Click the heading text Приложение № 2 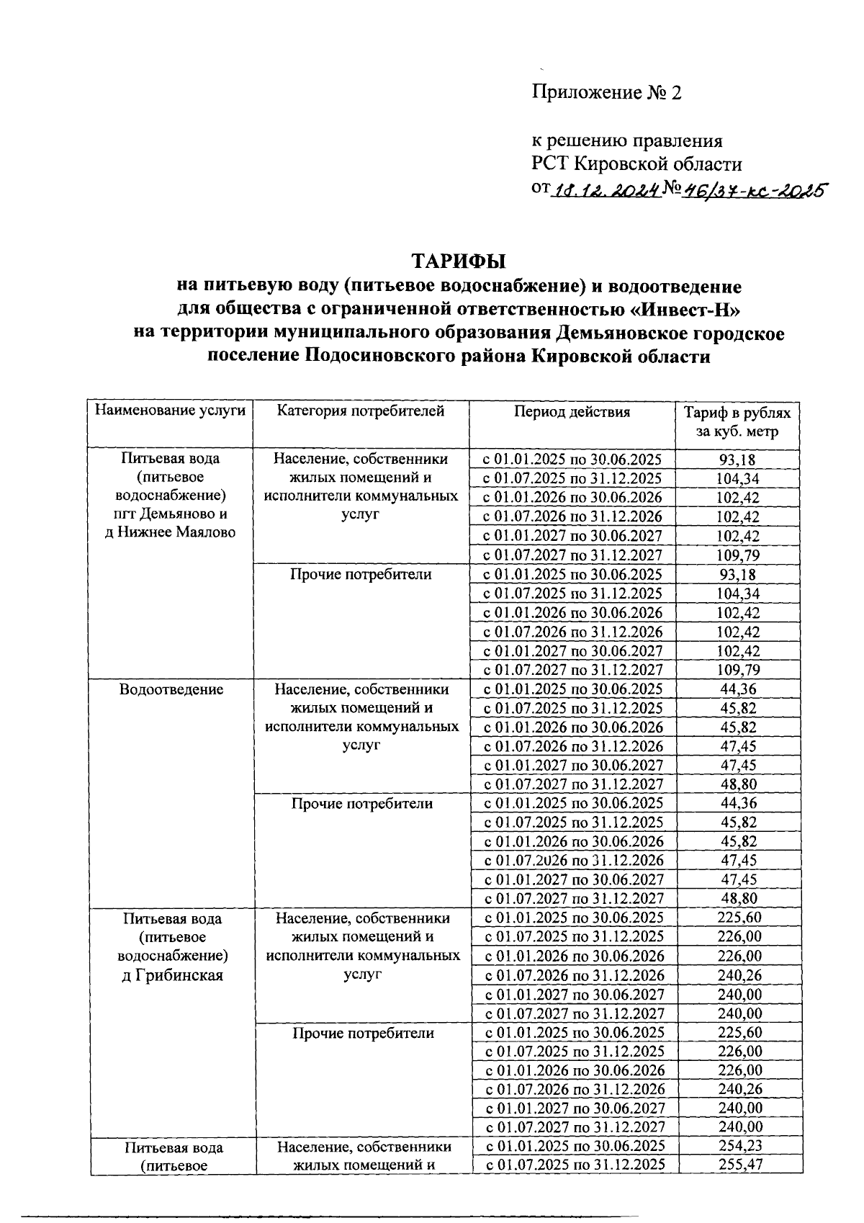pos(606,93)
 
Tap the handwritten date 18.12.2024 pos(606,190)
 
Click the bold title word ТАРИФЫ pos(459,260)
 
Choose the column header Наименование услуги pos(170,411)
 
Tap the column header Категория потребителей pos(361,411)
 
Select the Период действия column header pos(572,412)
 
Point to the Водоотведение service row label pos(171,689)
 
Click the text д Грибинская pos(171,975)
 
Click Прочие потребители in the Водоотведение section pos(361,803)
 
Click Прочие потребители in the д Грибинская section pos(363,1033)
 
